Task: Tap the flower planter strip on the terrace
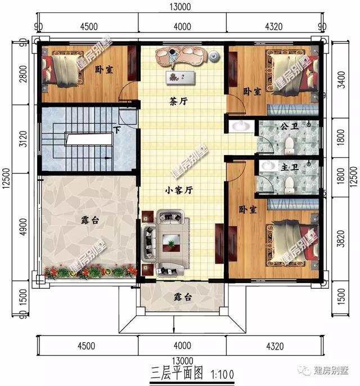pos(90,272)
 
